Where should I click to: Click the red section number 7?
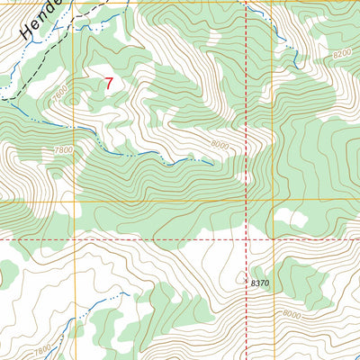tap(109, 84)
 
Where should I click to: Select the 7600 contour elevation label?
tap(61, 92)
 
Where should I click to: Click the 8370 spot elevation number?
tap(261, 283)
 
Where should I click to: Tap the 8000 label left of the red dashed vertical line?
tap(221, 144)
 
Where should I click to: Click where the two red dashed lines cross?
tap(246, 240)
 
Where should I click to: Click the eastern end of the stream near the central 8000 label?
tap(212, 164)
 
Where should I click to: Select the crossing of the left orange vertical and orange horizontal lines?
tap(75, 202)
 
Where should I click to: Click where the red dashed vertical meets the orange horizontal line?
tap(246, 202)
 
